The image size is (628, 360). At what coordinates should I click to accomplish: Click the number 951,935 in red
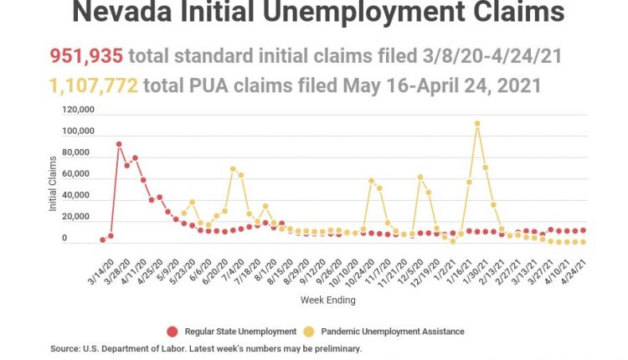87,57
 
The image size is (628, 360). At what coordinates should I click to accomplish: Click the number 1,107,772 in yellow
95,86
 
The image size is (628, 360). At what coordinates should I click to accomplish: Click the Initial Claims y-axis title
53,189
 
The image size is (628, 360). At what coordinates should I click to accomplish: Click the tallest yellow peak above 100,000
477,124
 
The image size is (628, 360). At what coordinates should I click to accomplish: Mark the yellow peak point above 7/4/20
233,169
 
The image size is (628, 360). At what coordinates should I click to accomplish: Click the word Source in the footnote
64,348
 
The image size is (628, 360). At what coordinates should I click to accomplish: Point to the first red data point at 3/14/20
102,240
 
